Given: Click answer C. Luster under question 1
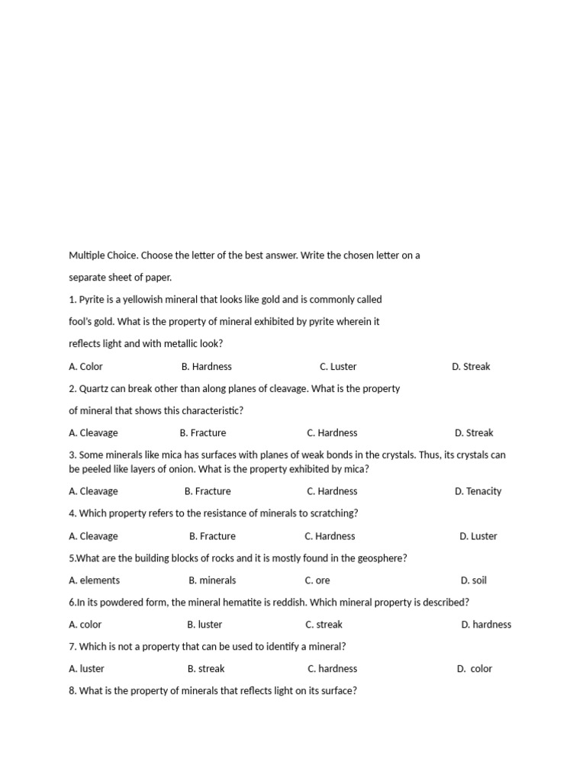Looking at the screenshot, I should [338, 366].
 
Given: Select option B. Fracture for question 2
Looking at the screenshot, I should [203, 432].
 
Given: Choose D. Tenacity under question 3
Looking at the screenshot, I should [478, 491].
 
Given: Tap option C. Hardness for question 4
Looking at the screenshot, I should [330, 536].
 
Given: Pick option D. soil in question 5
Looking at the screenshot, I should [473, 580].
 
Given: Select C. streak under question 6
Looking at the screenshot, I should [324, 625].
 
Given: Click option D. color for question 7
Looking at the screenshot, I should [475, 669].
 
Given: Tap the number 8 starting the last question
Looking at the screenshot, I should [72, 691].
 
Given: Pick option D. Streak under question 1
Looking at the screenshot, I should [471, 366].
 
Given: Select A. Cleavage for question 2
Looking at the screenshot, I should [93, 432].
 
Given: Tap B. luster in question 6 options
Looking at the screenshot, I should [204, 625].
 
